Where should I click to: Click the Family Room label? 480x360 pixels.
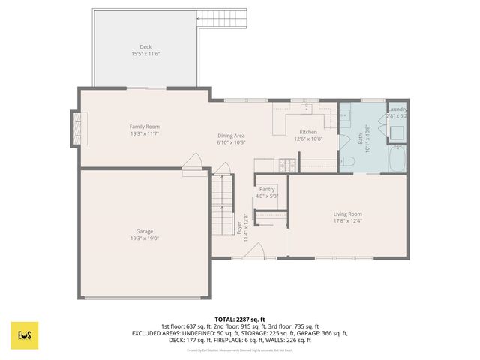[x=144, y=127]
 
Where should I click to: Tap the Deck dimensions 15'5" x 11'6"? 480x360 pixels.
[x=145, y=55]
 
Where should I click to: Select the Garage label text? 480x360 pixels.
[x=145, y=231]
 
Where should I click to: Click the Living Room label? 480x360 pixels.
[x=348, y=214]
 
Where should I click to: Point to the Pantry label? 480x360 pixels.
[x=268, y=190]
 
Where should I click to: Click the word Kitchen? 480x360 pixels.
[x=308, y=132]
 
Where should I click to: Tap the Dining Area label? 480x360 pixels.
[x=231, y=136]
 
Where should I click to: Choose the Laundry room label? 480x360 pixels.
[x=397, y=109]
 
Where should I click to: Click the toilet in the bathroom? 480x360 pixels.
[x=349, y=162]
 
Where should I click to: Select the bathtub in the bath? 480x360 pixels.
[x=397, y=159]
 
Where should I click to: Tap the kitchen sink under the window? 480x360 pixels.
[x=308, y=109]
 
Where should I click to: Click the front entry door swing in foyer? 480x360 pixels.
[x=255, y=250]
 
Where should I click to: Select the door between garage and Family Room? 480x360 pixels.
[x=193, y=163]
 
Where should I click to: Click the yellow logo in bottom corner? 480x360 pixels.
[x=25, y=335]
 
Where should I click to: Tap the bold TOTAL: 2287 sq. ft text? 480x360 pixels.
[x=240, y=319]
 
